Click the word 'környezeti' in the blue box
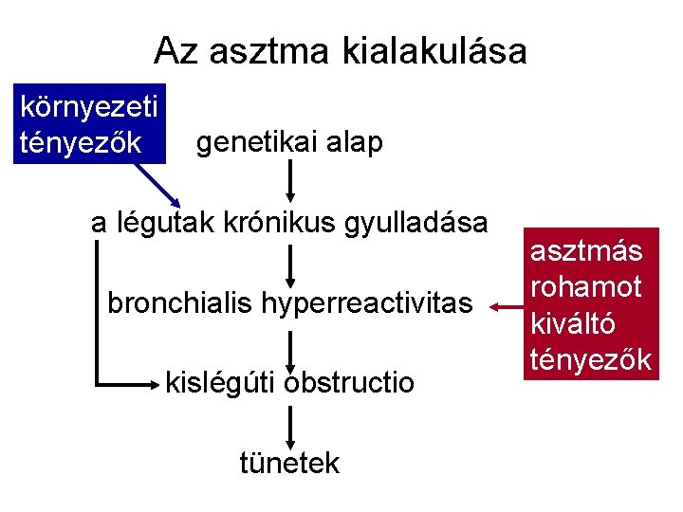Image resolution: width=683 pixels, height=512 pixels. click(89, 107)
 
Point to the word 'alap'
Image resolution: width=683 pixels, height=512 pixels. click(352, 142)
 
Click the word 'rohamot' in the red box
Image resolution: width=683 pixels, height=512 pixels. click(586, 286)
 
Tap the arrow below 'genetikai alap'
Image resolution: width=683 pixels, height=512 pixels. click(289, 180)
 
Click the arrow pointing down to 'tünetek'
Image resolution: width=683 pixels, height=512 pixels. click(289, 422)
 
